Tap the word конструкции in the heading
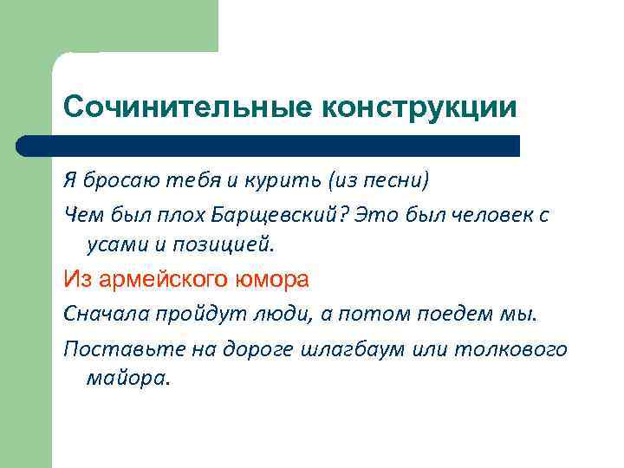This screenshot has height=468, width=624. [x=419, y=107]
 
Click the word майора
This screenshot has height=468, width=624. [x=127, y=379]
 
